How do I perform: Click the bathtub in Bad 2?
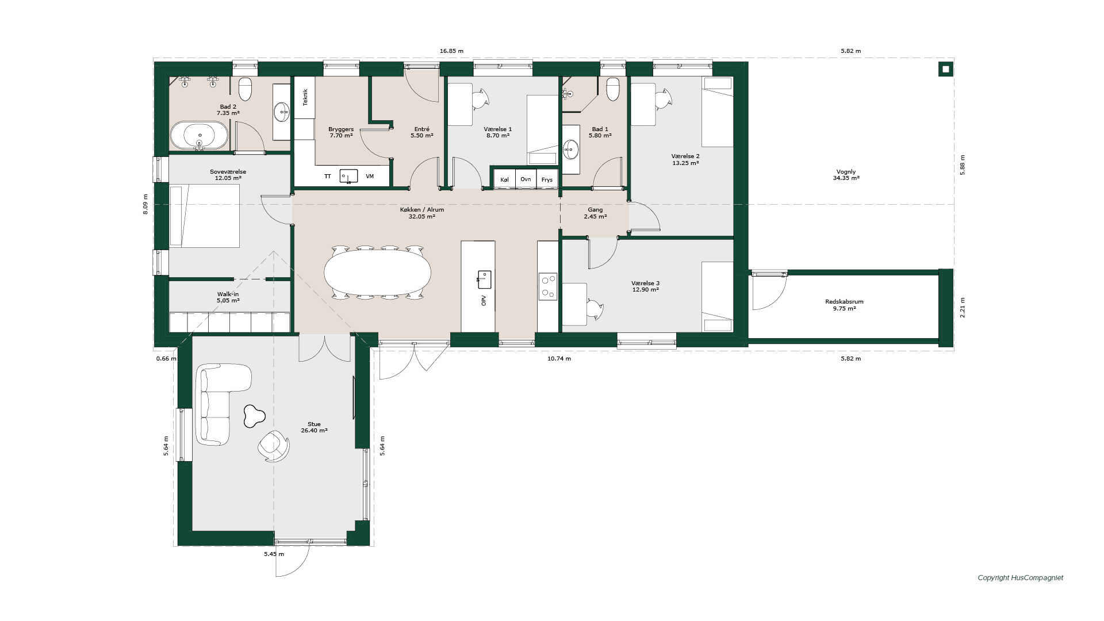(199, 136)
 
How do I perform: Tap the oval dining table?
(377, 273)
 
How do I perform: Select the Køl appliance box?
(504, 179)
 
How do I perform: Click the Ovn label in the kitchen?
(526, 179)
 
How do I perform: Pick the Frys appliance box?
(547, 179)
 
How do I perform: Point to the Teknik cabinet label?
(305, 97)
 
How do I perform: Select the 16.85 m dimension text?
(451, 51)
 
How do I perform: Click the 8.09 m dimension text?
(145, 204)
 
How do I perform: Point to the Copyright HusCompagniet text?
(1021, 578)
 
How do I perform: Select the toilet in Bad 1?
(613, 89)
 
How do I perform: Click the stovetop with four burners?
(548, 286)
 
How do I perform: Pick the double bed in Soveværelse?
(205, 216)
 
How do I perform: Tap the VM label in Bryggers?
(370, 176)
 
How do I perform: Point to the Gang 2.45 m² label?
(595, 213)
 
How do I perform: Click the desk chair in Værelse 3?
(595, 309)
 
